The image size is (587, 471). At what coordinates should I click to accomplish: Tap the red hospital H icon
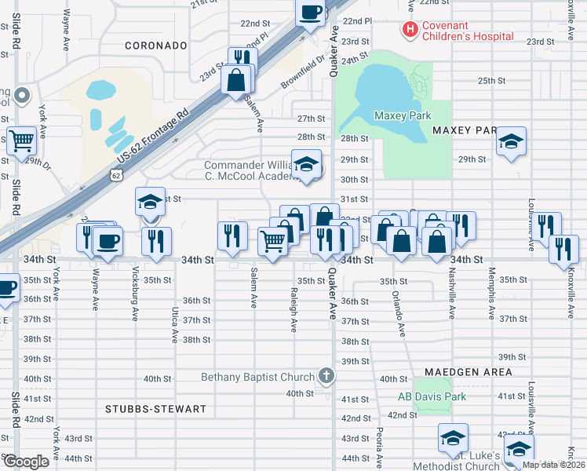(x=409, y=30)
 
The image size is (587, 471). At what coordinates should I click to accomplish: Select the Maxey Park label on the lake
(x=403, y=115)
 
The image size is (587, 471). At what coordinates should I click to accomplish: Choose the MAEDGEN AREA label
(x=469, y=371)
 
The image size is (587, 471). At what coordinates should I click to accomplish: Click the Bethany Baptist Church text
(x=257, y=378)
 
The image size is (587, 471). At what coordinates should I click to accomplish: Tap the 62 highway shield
(x=116, y=177)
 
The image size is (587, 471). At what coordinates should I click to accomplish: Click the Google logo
(x=26, y=462)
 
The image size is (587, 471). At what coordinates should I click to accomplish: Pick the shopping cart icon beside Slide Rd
(x=22, y=141)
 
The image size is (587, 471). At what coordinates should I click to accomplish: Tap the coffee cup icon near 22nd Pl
(x=310, y=12)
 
